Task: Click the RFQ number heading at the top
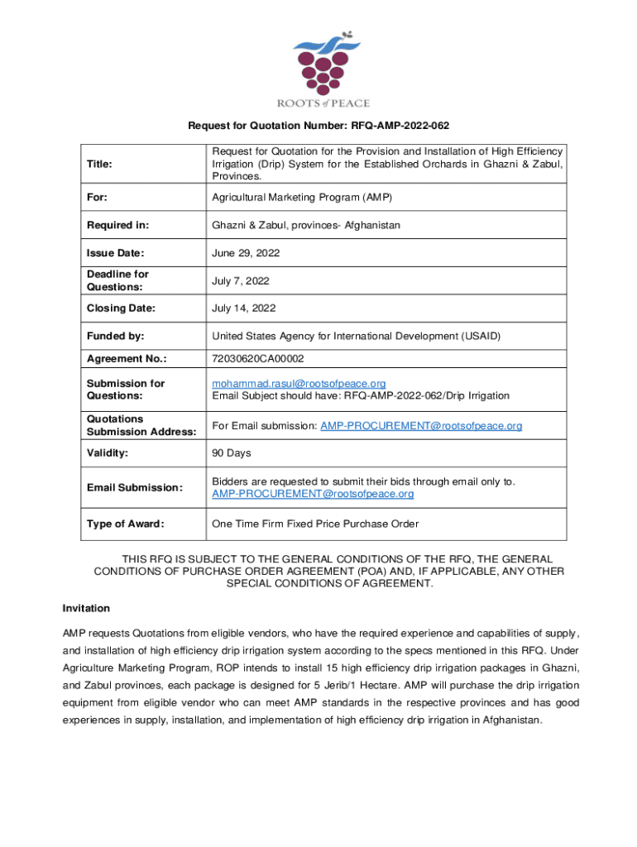(318, 125)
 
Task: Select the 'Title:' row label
(101, 165)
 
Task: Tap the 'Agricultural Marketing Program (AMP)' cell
(301, 198)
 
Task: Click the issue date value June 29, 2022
(246, 252)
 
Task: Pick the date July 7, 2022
(241, 280)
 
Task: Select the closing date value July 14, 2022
(244, 308)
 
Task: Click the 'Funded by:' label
(116, 336)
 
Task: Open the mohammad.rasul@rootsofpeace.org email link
(299, 384)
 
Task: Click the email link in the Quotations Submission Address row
(421, 426)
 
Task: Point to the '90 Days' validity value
(232, 453)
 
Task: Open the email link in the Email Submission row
(313, 494)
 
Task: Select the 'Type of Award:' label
(125, 524)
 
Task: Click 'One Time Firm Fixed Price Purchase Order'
(315, 524)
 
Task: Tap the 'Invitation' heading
(86, 608)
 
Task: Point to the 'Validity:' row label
(110, 453)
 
